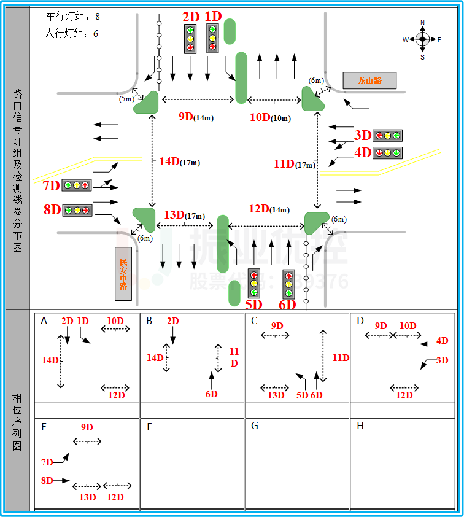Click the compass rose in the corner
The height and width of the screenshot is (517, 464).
(422, 40)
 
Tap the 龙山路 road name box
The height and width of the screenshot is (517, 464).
(369, 80)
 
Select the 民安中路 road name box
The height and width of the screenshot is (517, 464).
(123, 274)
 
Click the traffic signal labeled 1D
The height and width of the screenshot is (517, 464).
(212, 38)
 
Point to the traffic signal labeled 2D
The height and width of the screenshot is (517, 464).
(190, 39)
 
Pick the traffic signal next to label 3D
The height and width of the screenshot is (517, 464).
(387, 136)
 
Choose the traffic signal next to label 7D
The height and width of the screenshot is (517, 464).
(77, 185)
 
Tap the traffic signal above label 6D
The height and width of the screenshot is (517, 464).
(288, 284)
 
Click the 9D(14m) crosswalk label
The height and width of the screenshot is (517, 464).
(196, 117)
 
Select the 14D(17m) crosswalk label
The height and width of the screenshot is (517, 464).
(179, 162)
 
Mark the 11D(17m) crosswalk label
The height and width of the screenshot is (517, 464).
(294, 165)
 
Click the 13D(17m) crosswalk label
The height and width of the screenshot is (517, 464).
(184, 215)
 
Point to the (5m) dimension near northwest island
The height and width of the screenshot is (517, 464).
(126, 98)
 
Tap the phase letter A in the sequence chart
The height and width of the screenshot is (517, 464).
(44, 321)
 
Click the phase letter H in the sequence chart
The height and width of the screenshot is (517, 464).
(360, 426)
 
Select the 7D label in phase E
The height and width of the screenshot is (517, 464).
(47, 462)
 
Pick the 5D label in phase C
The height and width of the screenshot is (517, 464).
(302, 395)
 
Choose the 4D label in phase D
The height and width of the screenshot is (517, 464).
(442, 341)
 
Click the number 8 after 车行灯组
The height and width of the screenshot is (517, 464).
(97, 17)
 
